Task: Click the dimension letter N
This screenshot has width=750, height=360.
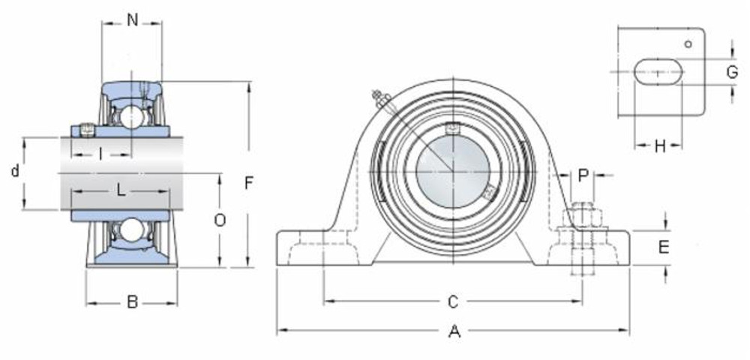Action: tap(132, 20)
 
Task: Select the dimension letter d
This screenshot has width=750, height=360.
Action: tap(15, 172)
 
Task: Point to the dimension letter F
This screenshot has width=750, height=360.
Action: tap(250, 182)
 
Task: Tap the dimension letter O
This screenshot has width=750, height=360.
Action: tap(219, 220)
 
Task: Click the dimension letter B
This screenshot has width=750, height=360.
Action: tap(132, 302)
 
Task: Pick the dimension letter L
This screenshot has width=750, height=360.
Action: tap(121, 190)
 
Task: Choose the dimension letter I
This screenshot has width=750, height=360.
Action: tap(100, 154)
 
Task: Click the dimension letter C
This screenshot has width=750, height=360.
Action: tap(452, 302)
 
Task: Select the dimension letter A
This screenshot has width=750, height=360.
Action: tap(453, 331)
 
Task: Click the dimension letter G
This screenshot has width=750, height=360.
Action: tap(732, 72)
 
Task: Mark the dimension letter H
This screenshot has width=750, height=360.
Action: tap(659, 145)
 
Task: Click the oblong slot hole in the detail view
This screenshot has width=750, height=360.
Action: tap(658, 72)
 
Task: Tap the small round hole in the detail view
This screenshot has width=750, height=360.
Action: tap(688, 43)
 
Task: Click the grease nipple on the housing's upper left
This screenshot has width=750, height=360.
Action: tap(379, 97)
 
